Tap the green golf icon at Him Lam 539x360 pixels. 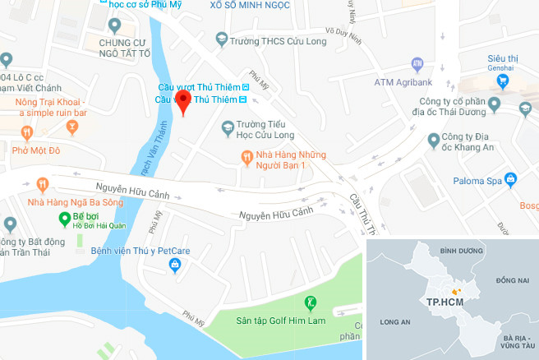[x=311, y=302]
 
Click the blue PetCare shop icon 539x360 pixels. [x=174, y=265]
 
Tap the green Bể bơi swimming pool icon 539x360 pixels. [x=63, y=218]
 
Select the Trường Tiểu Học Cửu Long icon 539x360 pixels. [x=228, y=126]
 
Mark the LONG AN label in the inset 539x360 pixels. [x=395, y=323]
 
